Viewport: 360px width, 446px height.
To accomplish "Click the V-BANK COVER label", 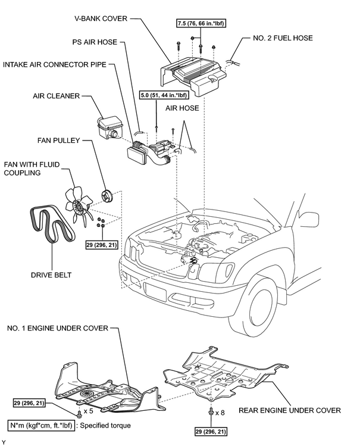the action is click(101, 19).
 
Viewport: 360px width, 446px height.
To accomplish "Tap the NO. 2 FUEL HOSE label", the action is click(283, 38).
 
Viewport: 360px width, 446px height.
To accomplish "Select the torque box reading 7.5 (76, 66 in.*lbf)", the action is click(201, 23).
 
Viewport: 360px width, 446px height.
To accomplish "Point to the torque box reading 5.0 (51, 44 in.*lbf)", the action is click(164, 95).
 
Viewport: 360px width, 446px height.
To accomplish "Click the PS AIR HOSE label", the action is click(95, 42).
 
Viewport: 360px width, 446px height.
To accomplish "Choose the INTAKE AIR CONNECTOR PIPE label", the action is click(55, 64).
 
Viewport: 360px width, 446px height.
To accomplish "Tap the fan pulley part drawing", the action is click(107, 196).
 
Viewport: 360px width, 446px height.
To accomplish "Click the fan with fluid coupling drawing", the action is click(79, 206).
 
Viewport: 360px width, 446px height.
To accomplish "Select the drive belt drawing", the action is click(52, 224).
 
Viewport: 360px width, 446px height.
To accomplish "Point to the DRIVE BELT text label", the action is click(51, 275).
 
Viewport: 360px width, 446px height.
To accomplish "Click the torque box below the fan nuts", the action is click(102, 245).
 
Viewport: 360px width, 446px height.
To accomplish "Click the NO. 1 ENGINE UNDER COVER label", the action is click(58, 328).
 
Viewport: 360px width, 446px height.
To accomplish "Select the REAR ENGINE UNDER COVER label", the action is click(290, 410).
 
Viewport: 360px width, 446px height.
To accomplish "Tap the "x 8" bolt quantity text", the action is click(220, 412).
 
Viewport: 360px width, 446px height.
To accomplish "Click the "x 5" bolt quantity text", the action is click(88, 411).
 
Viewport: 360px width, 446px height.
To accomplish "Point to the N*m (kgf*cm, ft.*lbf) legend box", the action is click(42, 426).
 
